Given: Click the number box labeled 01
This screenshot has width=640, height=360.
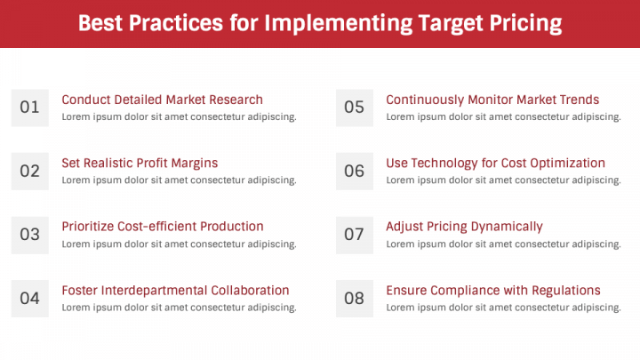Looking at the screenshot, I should coord(29,108).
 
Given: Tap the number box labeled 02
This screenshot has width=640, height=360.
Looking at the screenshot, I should coord(29,171).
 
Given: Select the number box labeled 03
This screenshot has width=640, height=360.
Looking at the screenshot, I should coord(29,235).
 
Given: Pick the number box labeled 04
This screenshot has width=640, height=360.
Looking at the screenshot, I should coord(29,299).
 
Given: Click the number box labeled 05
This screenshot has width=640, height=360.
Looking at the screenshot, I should coord(354,108).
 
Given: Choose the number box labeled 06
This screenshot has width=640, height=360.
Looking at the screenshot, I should coord(354,171).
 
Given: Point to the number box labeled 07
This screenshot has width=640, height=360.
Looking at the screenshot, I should coord(354,235).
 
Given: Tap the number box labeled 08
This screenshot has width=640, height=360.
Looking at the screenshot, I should coord(354,299).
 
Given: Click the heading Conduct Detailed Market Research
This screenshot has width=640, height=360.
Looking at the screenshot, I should coord(162,100).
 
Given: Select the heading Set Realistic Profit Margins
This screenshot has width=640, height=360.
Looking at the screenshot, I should coord(140,163).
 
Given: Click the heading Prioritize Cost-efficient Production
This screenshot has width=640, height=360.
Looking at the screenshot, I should coord(163,227).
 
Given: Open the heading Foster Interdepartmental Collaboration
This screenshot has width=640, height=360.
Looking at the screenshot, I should coord(175,291).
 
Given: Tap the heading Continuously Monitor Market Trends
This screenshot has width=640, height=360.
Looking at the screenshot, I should coord(492,100).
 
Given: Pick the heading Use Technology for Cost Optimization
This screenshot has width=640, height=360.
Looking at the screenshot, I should coord(495,163).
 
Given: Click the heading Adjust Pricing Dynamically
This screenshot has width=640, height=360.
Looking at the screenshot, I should coord(464,227).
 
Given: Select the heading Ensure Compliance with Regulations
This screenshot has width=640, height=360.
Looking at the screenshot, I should coord(493,291).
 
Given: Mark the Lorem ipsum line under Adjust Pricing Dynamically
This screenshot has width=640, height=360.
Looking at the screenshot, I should coord(503,244).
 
